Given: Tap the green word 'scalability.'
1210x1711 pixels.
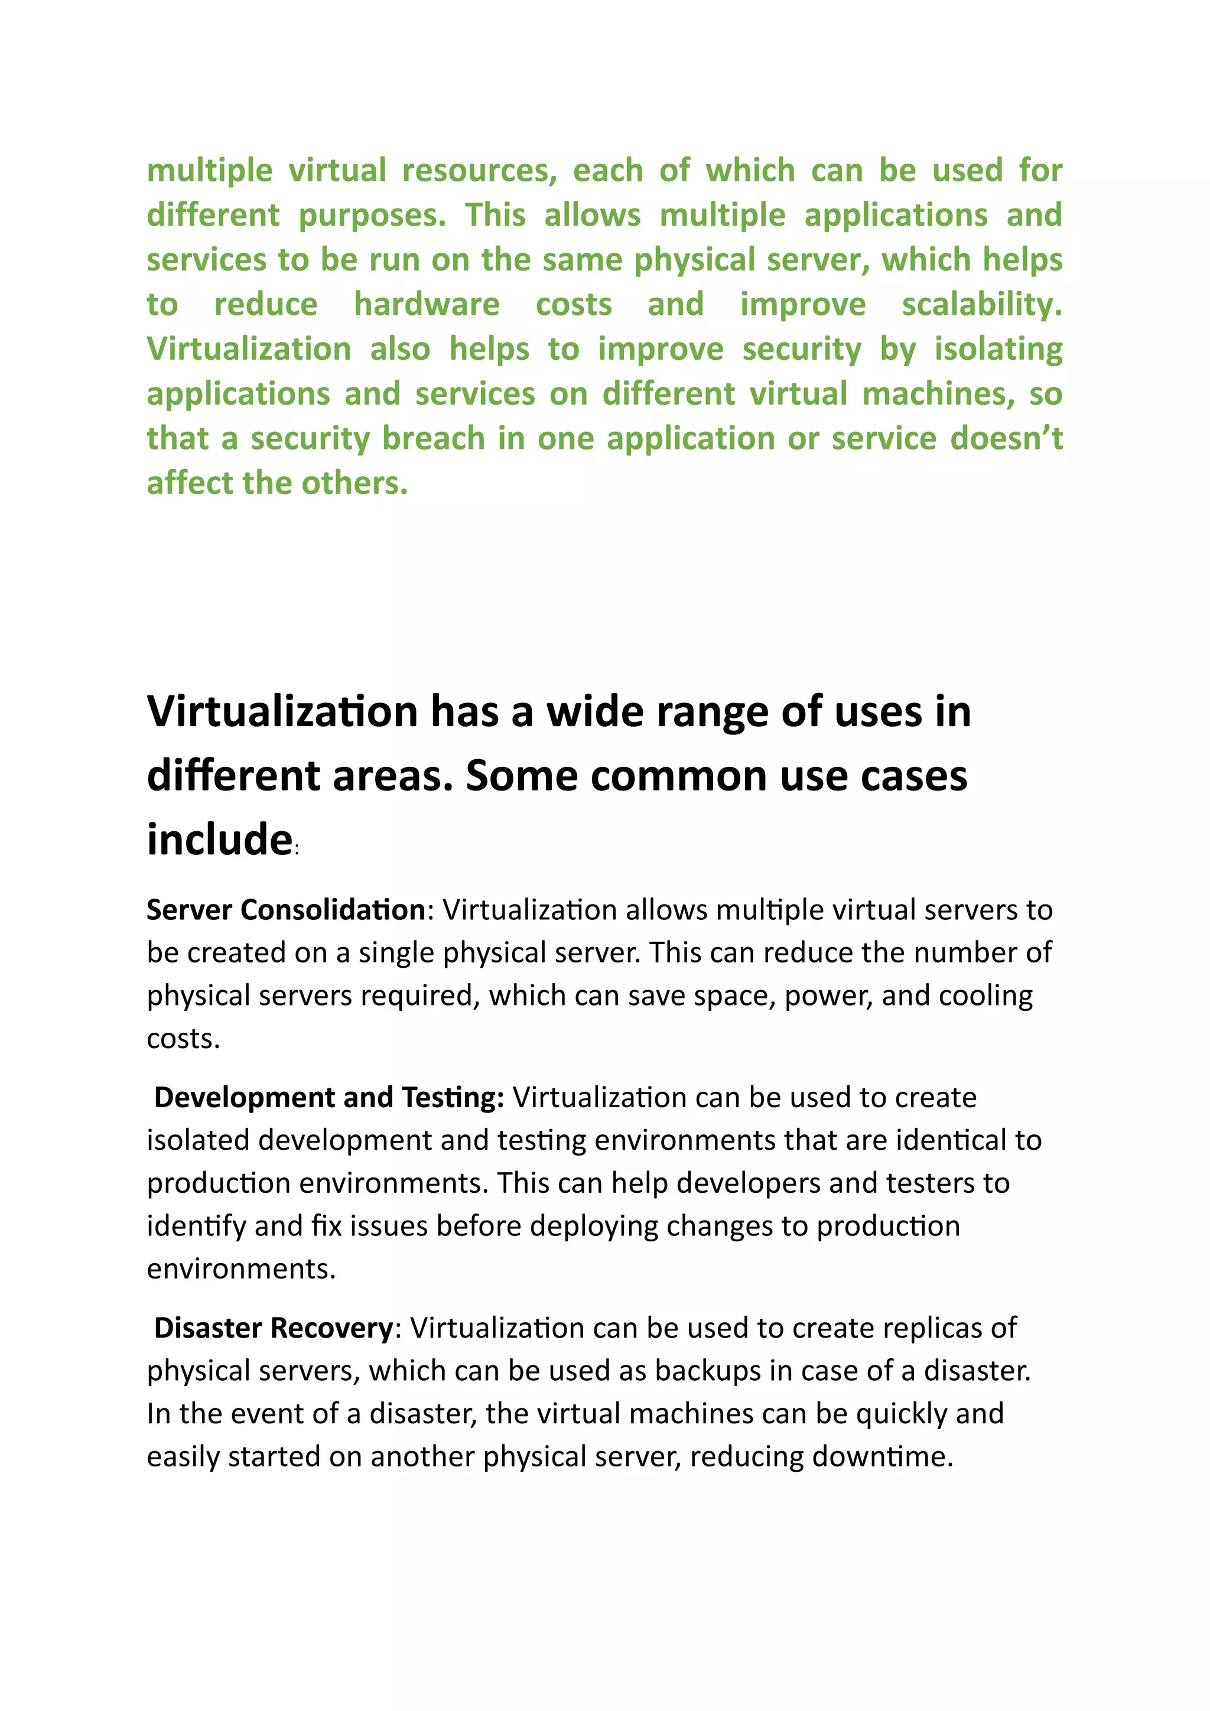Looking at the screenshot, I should click(981, 305).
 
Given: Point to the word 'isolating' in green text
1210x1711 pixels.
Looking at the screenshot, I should click(998, 350).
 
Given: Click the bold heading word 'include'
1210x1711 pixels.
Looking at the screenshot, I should click(219, 840).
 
